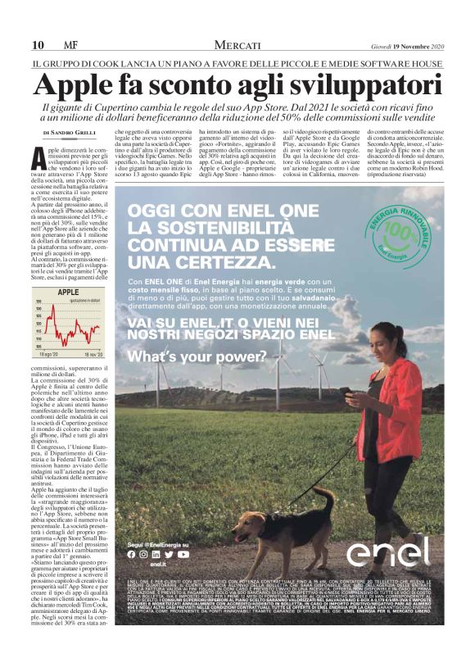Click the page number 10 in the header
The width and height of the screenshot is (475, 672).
point(37,44)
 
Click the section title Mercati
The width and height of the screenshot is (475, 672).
point(237,44)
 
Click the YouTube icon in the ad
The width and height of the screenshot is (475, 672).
point(183,554)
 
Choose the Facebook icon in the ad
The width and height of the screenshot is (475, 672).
point(131,554)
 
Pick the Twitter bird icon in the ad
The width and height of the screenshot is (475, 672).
point(170,554)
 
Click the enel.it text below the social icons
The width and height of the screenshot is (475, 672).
point(157,565)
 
